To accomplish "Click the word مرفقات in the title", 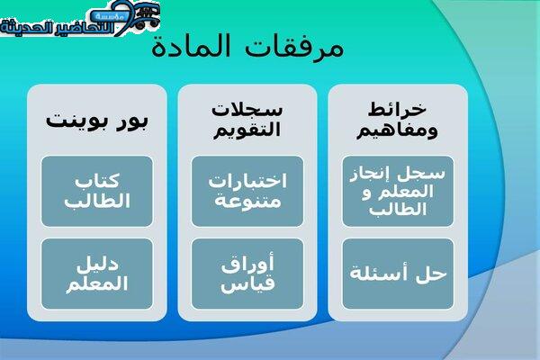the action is [x=295, y=47].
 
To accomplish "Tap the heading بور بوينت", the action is [x=97, y=121].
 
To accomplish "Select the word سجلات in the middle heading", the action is [x=247, y=110].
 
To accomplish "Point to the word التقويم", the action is [x=247, y=130].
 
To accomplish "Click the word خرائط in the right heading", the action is [x=397, y=110].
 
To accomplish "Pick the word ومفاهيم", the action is [x=397, y=130].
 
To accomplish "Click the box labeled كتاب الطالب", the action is [x=97, y=191].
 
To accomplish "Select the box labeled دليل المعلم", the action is [x=97, y=274].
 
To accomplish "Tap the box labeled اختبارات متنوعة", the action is [x=247, y=191].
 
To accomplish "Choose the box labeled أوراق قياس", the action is [x=247, y=274].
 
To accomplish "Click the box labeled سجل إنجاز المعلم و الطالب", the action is [x=398, y=191].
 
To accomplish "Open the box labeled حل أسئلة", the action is [x=398, y=274].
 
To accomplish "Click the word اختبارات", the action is [x=247, y=181].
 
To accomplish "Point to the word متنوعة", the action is [x=247, y=201].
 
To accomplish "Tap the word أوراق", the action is [x=247, y=264].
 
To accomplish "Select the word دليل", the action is [x=97, y=265].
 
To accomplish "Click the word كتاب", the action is [x=97, y=181].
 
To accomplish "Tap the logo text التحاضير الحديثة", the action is [x=57, y=27].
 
